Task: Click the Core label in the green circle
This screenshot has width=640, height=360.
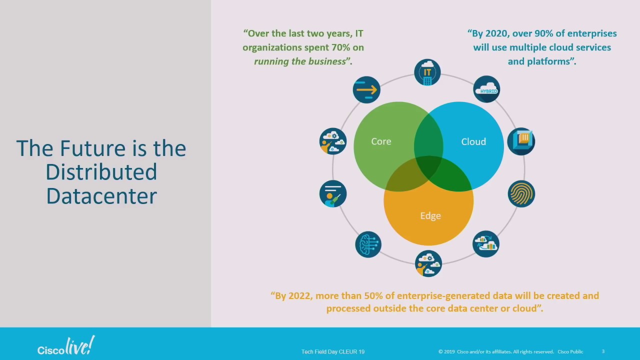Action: (381, 141)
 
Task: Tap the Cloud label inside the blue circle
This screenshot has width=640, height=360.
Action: (473, 141)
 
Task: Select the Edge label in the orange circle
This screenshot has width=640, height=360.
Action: (430, 215)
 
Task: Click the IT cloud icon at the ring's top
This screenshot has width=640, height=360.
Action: (427, 72)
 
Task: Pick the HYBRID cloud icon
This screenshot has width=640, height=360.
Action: (486, 89)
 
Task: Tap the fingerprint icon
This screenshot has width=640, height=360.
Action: (521, 193)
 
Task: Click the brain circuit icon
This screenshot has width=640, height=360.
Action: (368, 244)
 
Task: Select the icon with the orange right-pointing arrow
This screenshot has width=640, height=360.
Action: (366, 90)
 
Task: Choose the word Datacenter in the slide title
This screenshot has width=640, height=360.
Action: (101, 195)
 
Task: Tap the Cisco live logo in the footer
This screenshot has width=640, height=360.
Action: (65, 346)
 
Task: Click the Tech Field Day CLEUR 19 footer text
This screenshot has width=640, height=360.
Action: (332, 351)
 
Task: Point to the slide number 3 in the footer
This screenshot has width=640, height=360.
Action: (603, 351)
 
